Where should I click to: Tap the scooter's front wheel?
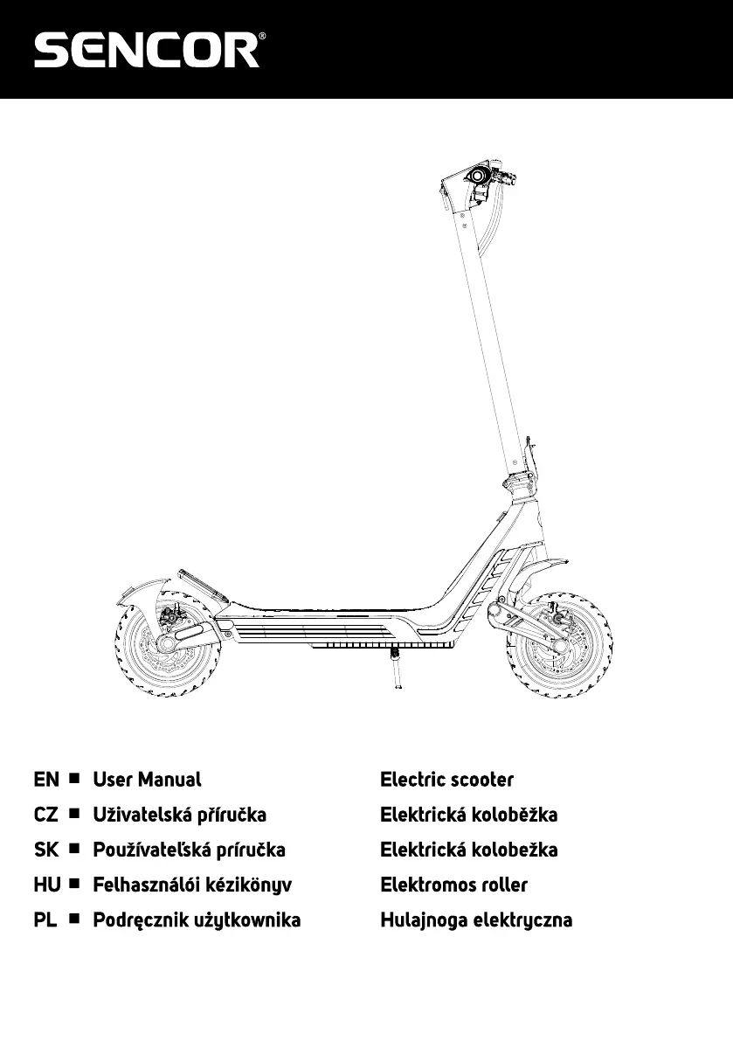[x=559, y=645]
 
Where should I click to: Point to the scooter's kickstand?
[x=396, y=670]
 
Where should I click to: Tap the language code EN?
[x=46, y=780]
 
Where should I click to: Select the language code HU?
[x=47, y=885]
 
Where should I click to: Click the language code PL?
[x=45, y=920]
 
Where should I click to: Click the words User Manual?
[x=148, y=780]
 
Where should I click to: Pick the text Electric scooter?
[x=447, y=780]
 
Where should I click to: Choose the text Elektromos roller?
[x=453, y=885]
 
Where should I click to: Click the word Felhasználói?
[x=145, y=885]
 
